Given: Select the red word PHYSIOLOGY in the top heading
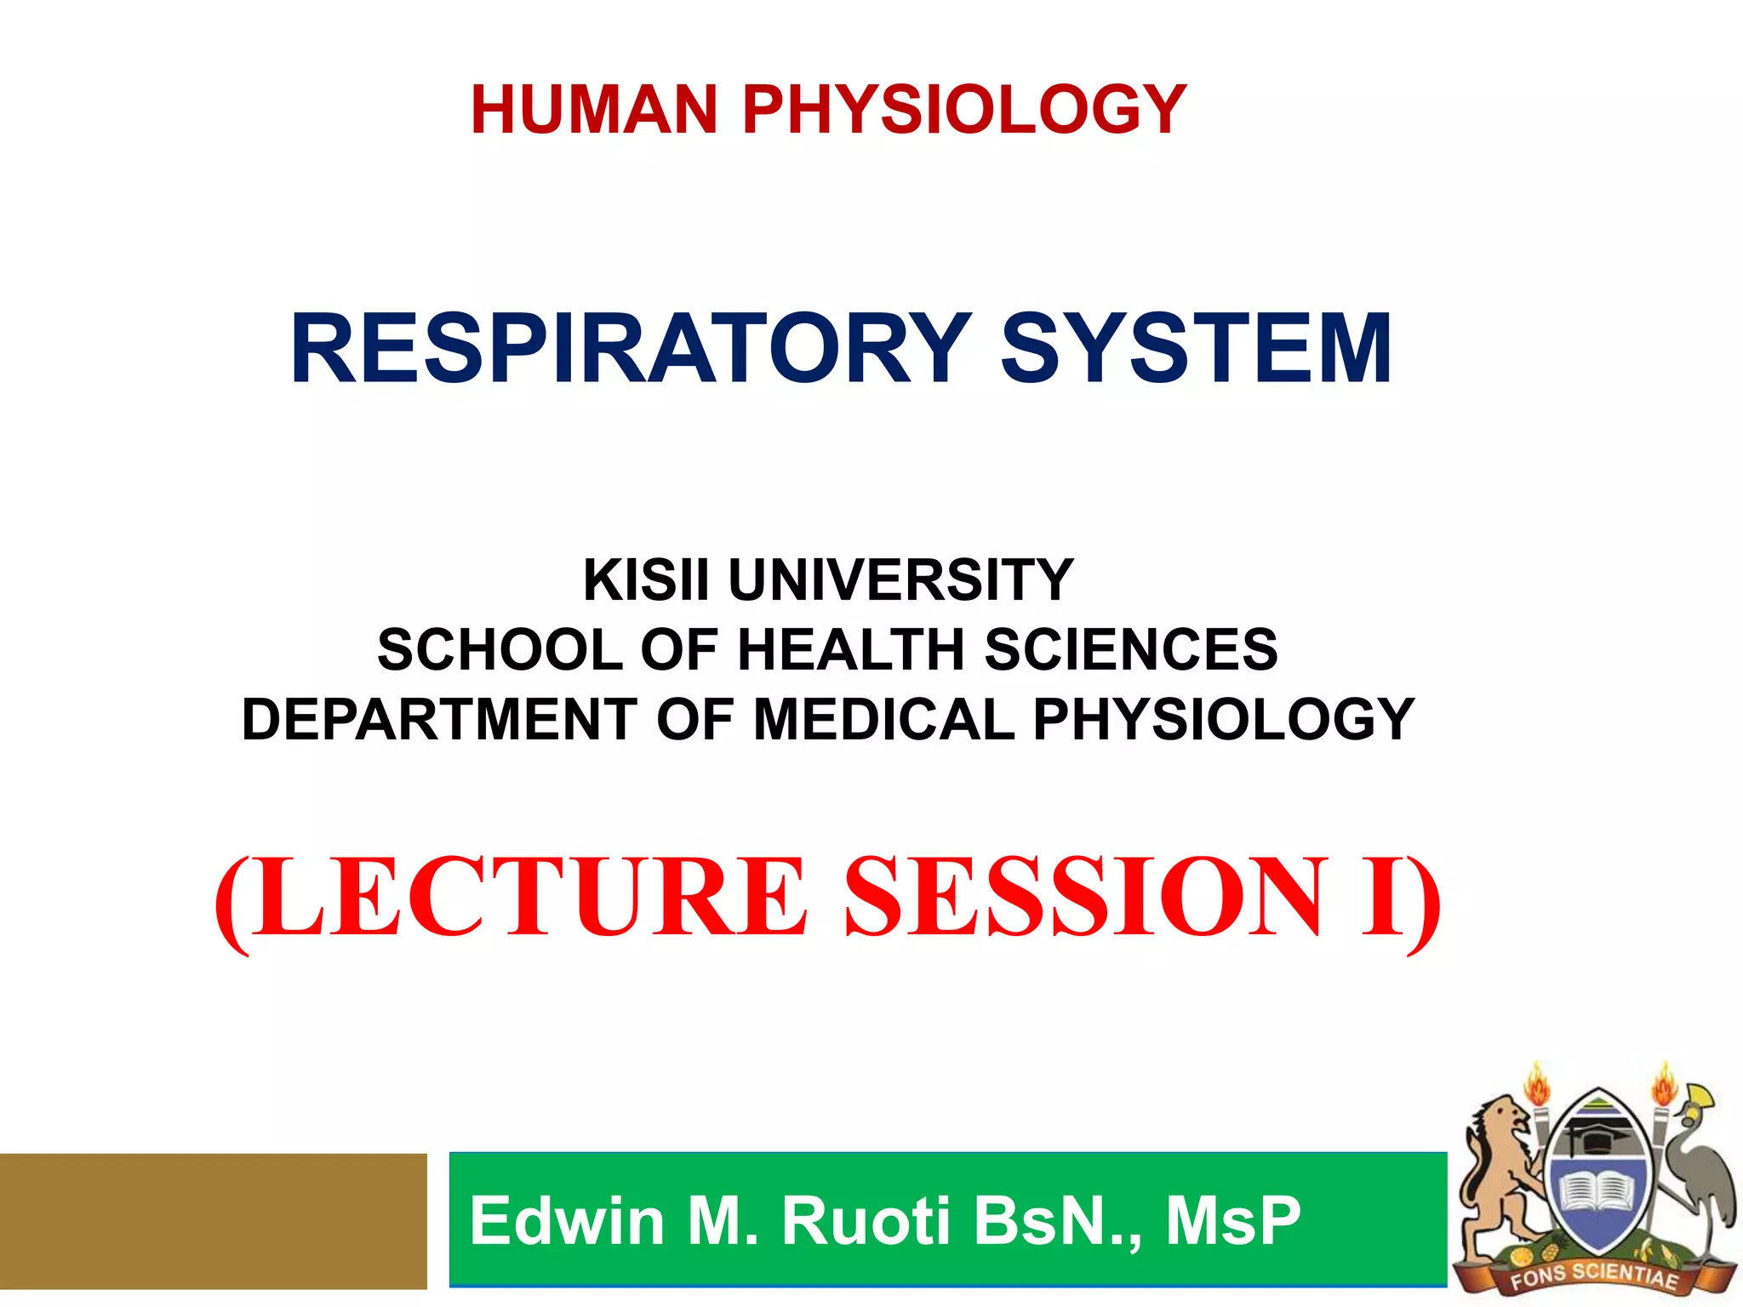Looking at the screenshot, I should [x=964, y=110].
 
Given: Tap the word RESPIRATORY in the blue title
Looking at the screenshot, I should [x=630, y=349].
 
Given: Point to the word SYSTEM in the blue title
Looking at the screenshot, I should [x=1196, y=349].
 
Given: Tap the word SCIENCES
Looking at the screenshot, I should [x=1131, y=650].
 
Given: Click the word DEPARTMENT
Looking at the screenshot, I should [x=439, y=720].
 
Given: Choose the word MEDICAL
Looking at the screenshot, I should [x=884, y=720].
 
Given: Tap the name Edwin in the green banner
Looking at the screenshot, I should [x=567, y=1221].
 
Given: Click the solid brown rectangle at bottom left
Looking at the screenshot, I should [x=213, y=1221].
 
